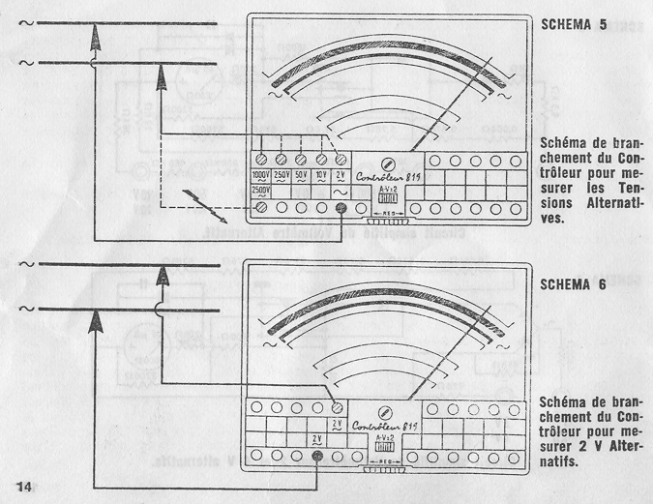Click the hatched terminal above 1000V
pyautogui.click(x=261, y=159)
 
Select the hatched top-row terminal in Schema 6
pyautogui.click(x=337, y=406)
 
